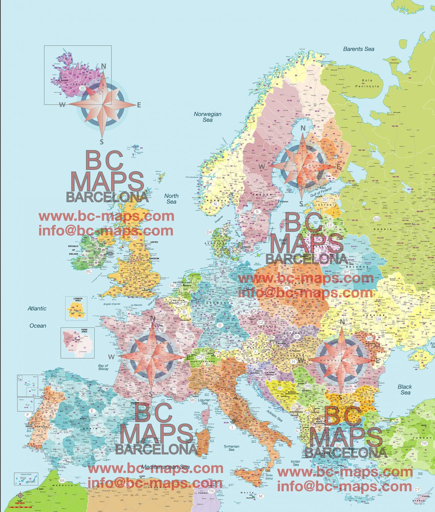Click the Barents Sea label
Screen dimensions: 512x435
tap(359, 49)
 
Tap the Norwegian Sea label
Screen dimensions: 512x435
tap(207, 117)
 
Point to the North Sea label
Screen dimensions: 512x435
tap(171, 199)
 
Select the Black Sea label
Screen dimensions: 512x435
tap(405, 389)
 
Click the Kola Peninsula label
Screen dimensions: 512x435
tap(367, 83)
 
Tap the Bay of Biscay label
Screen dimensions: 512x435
tap(103, 367)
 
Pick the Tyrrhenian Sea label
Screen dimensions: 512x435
tap(232, 448)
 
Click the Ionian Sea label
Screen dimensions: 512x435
tap(295, 463)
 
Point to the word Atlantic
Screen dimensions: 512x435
tap(37, 309)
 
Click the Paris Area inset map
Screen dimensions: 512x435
tap(77, 343)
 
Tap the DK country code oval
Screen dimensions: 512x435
tap(209, 232)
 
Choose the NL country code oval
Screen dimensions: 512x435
tap(172, 286)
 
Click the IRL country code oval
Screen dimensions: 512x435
tap(88, 271)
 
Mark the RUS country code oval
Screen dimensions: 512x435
tap(377, 219)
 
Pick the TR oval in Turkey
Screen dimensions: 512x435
tap(424, 443)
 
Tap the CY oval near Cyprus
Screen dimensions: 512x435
tap(417, 489)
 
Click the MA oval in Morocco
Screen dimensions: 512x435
tap(62, 481)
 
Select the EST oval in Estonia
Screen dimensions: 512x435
tap(326, 199)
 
